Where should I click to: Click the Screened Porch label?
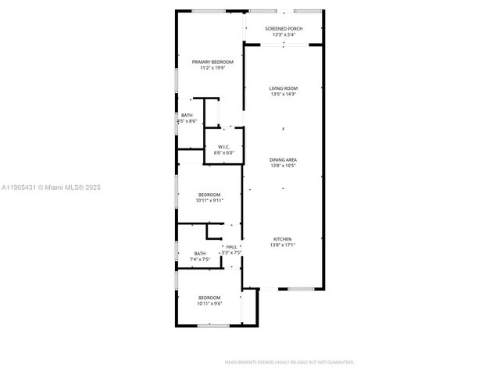(284, 29)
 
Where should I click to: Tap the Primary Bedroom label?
(209, 62)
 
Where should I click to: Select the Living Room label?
(284, 88)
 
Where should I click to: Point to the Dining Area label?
(284, 159)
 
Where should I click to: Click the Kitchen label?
(283, 239)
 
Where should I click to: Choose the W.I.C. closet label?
(224, 147)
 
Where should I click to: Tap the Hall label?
(232, 247)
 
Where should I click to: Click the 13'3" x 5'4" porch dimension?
(284, 35)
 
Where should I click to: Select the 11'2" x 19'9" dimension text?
(209, 68)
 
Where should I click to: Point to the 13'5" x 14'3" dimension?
(284, 95)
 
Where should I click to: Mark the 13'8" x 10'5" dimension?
(284, 166)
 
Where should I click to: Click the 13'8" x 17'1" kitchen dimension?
(283, 245)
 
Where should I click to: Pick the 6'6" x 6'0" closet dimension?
(224, 153)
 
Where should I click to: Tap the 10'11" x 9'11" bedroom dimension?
(209, 201)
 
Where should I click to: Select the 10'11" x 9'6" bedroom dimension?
(209, 304)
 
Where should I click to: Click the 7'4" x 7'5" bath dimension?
(201, 259)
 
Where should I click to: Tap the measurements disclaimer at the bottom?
(289, 362)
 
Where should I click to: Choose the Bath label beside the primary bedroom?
(187, 116)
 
